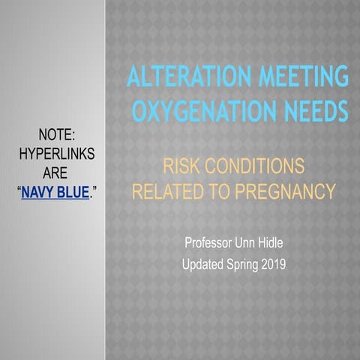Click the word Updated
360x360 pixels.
(206, 264)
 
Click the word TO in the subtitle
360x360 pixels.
(217, 193)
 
